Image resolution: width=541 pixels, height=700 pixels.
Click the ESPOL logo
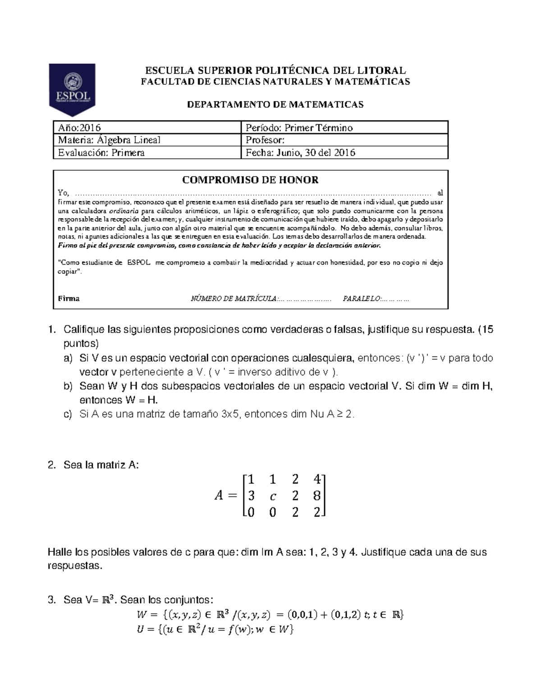tap(72, 90)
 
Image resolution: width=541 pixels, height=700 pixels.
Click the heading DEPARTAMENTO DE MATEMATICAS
tap(275, 105)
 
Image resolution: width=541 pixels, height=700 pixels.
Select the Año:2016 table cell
tap(147, 128)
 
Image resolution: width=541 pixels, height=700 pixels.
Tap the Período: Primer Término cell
tap(344, 128)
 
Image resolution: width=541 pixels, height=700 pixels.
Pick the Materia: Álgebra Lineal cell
tap(147, 140)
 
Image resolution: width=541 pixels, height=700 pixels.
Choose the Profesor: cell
tap(344, 140)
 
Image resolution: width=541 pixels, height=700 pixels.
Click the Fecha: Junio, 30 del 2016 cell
tap(344, 153)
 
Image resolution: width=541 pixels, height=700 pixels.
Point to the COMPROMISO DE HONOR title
tap(250, 180)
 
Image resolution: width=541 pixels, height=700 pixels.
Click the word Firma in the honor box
tap(69, 298)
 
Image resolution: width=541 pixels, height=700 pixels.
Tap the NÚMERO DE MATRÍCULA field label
tap(234, 298)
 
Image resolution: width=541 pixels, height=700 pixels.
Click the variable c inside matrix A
tap(273, 497)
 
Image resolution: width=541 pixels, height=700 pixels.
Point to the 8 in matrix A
tap(316, 496)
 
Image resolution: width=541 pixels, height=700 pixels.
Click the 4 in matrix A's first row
tap(316, 479)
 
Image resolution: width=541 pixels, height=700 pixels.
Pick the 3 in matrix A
tap(251, 496)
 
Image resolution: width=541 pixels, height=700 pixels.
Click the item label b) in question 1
tap(68, 386)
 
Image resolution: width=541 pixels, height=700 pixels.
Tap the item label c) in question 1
tap(68, 414)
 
